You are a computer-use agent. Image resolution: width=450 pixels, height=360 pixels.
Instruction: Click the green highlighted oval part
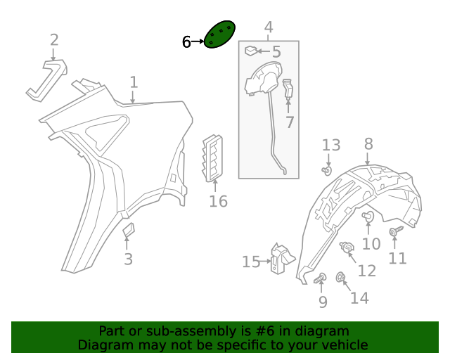click(x=219, y=34)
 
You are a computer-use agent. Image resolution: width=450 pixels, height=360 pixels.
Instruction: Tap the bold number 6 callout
click(x=186, y=42)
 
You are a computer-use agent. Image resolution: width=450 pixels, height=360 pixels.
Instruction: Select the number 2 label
click(x=54, y=40)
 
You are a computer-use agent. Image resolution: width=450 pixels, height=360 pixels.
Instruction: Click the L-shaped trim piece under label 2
click(x=47, y=80)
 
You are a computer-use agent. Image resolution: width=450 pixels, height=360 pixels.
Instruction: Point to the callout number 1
click(x=134, y=82)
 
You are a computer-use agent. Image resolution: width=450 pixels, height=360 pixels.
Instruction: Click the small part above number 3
click(x=128, y=229)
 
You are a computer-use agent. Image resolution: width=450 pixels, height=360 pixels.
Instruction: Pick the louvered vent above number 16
click(x=212, y=158)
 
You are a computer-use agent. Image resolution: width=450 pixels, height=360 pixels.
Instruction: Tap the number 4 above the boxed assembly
click(x=269, y=27)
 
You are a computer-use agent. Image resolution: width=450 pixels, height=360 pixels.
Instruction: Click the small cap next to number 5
click(x=251, y=51)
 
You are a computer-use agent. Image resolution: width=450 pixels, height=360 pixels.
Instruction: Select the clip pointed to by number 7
click(x=288, y=89)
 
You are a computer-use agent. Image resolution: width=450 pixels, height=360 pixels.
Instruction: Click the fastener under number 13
click(x=326, y=171)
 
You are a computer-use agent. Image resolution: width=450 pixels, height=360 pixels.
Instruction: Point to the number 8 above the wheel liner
click(x=368, y=144)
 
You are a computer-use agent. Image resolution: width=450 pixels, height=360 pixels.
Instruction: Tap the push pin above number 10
click(x=368, y=216)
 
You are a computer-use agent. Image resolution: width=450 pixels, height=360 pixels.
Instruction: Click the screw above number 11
click(x=396, y=231)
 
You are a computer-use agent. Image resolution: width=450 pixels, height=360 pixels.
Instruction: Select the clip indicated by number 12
click(x=347, y=247)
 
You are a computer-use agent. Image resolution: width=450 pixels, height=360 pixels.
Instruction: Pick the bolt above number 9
click(x=320, y=278)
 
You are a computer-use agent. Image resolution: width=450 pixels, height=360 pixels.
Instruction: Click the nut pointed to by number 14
click(x=340, y=278)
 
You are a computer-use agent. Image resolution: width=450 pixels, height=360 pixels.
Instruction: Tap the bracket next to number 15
click(x=281, y=259)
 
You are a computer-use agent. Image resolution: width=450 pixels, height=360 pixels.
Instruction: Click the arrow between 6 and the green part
click(x=198, y=41)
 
